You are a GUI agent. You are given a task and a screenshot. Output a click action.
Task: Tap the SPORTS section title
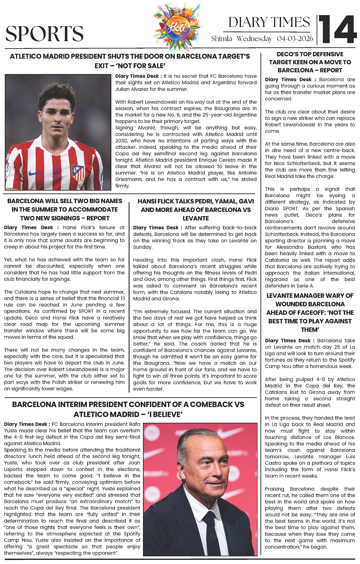tap(45, 34)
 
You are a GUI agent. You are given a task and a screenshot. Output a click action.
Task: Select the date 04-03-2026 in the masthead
tap(295, 39)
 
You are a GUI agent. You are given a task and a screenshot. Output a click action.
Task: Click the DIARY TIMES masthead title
tap(269, 22)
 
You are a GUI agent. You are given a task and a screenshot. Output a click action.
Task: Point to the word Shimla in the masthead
tap(222, 39)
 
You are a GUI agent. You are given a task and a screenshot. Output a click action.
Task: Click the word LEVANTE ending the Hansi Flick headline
tap(196, 218)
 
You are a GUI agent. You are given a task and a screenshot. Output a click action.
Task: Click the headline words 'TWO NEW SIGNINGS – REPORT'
tap(65, 218)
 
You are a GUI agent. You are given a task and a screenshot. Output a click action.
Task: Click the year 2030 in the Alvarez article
tap(122, 141)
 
